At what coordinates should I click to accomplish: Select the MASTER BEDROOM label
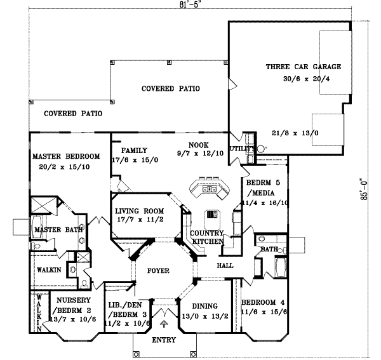point(66,156)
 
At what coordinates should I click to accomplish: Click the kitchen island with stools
point(207,188)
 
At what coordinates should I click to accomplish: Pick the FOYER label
point(158,271)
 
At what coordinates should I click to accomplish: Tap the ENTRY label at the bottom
point(164,340)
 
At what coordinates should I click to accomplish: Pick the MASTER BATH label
point(57,229)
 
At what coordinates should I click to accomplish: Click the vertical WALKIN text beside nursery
point(38,313)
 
